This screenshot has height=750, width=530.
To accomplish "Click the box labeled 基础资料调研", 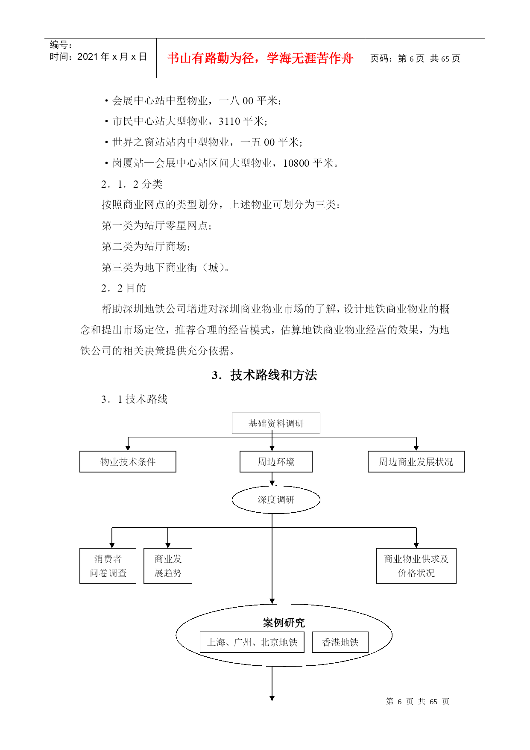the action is (x=276, y=423).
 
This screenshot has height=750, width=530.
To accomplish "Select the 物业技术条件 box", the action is (x=128, y=462).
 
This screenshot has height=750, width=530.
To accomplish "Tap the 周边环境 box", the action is (x=276, y=462).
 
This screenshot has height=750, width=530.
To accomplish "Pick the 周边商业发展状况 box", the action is (x=416, y=462).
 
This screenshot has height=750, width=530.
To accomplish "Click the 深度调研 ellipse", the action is (x=276, y=500).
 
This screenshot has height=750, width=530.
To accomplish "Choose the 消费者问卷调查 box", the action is (x=108, y=566).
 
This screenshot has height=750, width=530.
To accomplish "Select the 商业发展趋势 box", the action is (x=168, y=566).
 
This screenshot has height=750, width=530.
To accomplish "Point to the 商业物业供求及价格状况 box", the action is (x=416, y=566).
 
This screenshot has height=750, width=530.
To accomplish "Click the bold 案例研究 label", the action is (x=284, y=623).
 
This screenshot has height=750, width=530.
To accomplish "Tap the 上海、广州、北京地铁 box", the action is (x=252, y=642).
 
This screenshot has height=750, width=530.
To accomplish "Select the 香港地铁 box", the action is (x=340, y=642).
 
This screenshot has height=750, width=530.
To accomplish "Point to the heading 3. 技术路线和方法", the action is (x=264, y=375).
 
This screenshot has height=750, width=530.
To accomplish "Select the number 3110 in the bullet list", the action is (x=229, y=121).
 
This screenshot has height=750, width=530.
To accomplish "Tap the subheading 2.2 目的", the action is (x=124, y=288).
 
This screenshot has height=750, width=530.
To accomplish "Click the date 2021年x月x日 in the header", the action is (x=112, y=57).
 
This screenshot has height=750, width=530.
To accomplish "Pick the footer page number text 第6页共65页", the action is (x=418, y=702).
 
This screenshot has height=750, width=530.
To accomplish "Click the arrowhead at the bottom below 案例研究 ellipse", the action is (x=272, y=698).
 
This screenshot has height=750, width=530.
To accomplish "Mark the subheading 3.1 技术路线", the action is (x=135, y=399).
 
